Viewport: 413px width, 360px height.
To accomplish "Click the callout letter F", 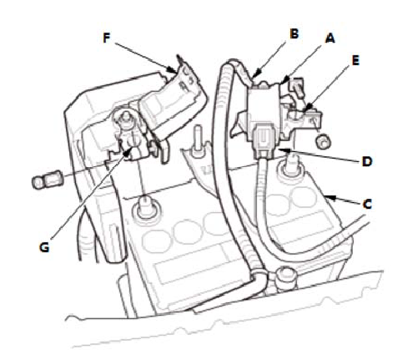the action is [107, 38].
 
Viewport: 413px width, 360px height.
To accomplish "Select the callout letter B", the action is [294, 33].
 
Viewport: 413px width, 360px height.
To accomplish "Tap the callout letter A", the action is [330, 38].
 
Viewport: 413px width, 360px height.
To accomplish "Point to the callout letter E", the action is [355, 60].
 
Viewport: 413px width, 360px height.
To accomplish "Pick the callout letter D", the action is [367, 161].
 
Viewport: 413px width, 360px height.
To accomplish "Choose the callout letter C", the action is [367, 205].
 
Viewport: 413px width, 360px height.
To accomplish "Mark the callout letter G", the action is [44, 246].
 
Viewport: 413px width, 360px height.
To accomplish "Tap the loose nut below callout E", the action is [322, 140].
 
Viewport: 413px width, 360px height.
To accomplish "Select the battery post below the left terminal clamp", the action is [145, 207].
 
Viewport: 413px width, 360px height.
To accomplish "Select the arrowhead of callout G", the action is [128, 150].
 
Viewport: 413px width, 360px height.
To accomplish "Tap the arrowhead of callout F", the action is [173, 69].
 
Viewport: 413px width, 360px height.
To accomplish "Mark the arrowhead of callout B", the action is [254, 75].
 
